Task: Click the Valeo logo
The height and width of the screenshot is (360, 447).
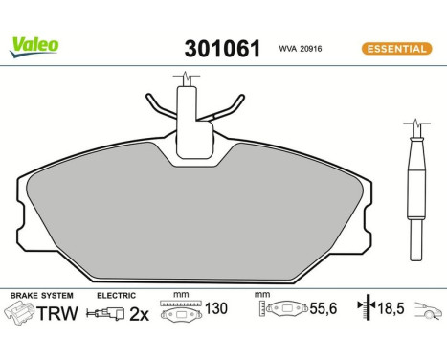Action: (x=35, y=45)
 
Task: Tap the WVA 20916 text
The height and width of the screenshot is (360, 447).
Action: (x=300, y=49)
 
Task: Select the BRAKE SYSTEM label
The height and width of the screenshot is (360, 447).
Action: (x=42, y=295)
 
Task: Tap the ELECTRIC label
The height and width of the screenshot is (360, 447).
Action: (x=117, y=295)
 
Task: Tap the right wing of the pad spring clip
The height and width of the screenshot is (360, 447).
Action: (x=228, y=111)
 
